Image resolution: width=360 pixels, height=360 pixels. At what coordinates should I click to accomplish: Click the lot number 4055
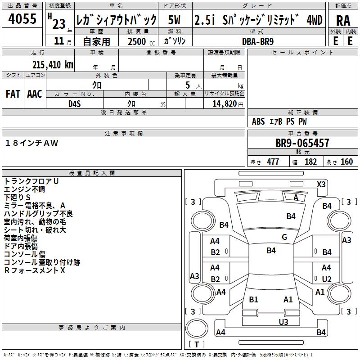pos(22,19)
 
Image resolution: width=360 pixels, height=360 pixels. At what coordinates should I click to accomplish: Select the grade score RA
pos(343,21)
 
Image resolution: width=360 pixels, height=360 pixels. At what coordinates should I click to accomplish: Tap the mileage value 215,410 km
pos(52,65)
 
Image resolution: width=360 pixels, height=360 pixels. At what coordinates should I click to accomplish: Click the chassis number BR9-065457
pos(302,144)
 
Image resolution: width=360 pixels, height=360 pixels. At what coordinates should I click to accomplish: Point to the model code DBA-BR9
pos(257,41)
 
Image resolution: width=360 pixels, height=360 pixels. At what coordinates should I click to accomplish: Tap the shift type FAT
pos(13,94)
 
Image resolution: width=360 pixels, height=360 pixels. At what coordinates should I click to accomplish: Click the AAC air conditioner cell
pos(35,94)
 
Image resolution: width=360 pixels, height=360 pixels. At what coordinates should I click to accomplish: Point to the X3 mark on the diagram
pos(321,184)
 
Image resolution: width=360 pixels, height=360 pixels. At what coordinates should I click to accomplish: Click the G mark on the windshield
pos(284,237)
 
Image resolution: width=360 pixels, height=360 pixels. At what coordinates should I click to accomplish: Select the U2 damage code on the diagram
pos(326,279)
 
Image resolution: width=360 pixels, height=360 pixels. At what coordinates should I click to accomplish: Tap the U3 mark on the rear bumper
pos(283,322)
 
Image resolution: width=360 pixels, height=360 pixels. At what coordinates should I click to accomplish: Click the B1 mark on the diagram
pos(253,299)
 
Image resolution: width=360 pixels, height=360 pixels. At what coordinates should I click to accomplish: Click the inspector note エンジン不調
pos(25,189)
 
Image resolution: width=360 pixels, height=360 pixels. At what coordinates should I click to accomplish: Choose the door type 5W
pos(175,20)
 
